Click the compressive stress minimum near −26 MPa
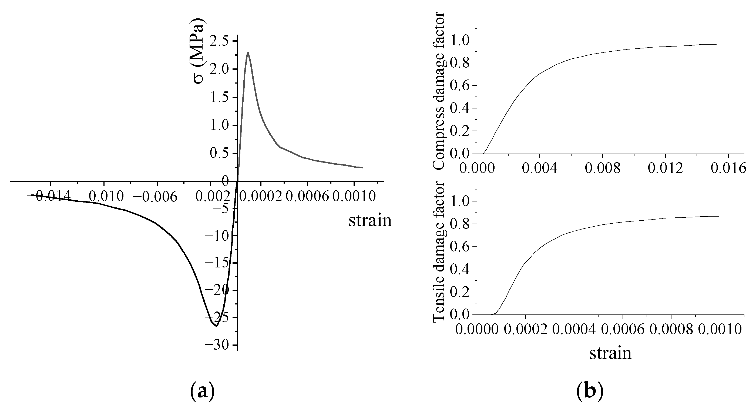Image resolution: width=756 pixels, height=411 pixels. click(x=216, y=326)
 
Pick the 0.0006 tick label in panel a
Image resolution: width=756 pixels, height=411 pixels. click(x=307, y=196)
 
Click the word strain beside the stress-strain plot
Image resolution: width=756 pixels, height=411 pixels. click(x=370, y=220)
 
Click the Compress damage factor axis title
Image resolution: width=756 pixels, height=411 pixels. click(x=439, y=91)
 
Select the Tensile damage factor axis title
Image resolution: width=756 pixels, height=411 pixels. click(x=439, y=252)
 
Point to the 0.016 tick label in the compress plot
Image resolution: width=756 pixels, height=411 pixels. click(x=728, y=168)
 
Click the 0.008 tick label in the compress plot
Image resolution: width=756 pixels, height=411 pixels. click(x=603, y=168)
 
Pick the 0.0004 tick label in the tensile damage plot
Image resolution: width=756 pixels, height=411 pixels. click(x=574, y=330)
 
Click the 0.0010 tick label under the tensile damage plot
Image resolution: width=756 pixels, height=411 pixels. click(x=720, y=330)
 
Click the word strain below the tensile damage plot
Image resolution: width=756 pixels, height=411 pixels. click(x=610, y=353)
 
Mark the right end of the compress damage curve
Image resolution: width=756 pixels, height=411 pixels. click(x=728, y=44)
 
